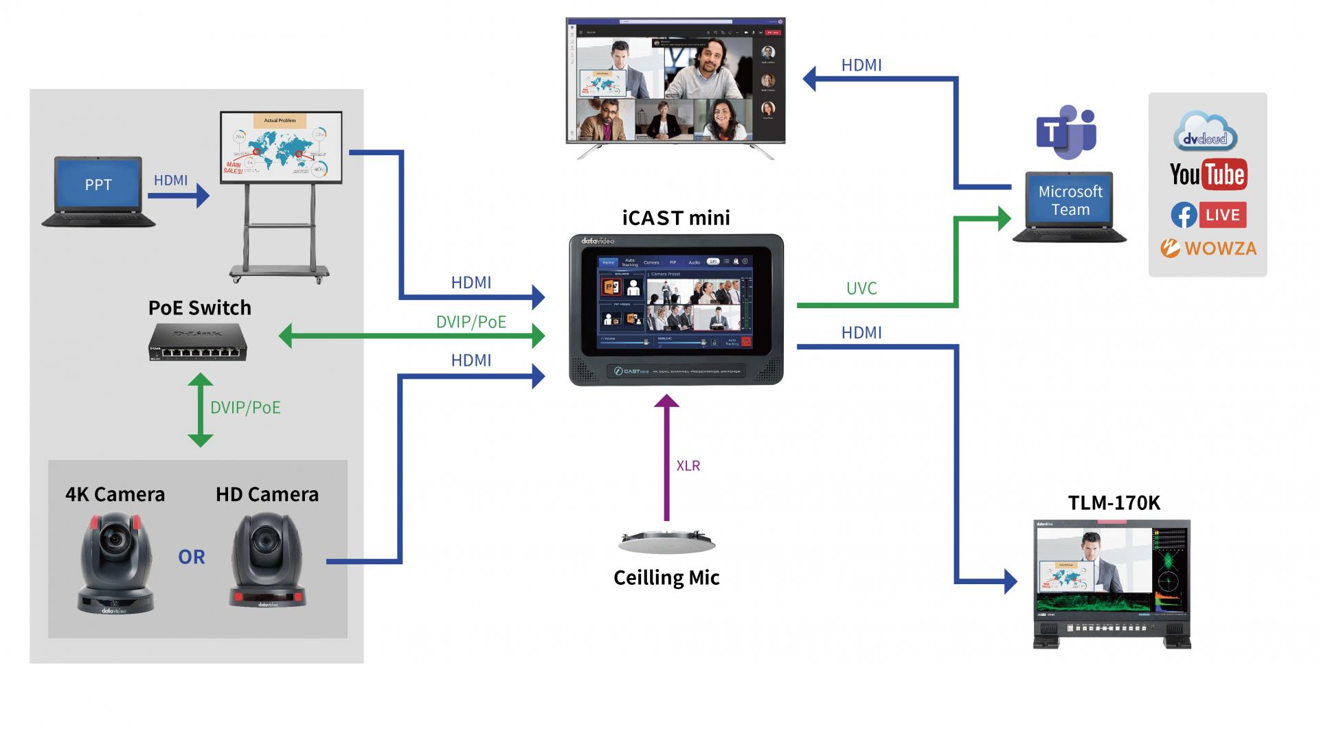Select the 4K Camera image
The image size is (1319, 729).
tap(115, 563)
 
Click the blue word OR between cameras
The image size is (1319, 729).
tap(192, 557)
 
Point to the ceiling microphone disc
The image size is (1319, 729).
tap(666, 542)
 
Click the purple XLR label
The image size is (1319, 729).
tap(688, 465)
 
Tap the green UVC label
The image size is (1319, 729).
tap(861, 288)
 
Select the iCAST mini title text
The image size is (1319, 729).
tap(676, 218)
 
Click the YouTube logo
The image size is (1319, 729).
tap(1208, 174)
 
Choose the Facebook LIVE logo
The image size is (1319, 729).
tap(1208, 215)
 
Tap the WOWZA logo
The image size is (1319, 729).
tap(1208, 248)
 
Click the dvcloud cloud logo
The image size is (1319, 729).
tap(1205, 132)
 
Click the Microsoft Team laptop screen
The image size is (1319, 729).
tap(1070, 200)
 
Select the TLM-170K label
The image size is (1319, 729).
tap(1114, 503)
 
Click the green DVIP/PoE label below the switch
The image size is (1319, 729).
tap(245, 407)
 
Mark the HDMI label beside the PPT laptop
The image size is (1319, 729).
tap(170, 180)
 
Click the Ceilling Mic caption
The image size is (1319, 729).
tap(666, 578)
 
